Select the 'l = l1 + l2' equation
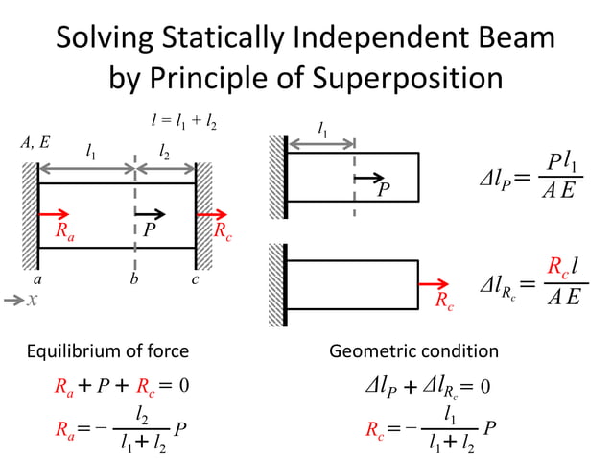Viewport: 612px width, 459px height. (184, 121)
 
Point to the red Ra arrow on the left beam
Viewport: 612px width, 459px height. (55, 214)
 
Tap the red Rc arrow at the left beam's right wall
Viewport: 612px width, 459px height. (212, 214)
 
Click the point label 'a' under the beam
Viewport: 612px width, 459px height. (36, 279)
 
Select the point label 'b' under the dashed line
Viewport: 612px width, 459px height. (135, 280)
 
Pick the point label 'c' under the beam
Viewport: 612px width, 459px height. (196, 280)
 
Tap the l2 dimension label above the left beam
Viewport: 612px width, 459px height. (165, 150)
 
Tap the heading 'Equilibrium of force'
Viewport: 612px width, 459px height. (106, 352)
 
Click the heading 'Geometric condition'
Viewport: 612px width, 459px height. (414, 352)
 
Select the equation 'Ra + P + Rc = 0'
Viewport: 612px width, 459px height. (120, 387)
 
